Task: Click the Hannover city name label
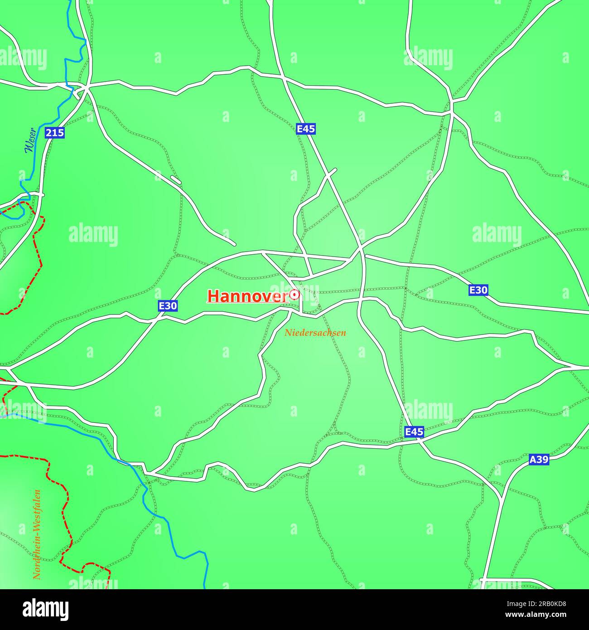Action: pyautogui.click(x=248, y=296)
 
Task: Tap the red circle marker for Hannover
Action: pyautogui.click(x=295, y=295)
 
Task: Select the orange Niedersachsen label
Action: pyautogui.click(x=315, y=333)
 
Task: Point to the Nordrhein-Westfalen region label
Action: pyautogui.click(x=37, y=534)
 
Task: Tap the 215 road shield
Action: pyautogui.click(x=55, y=133)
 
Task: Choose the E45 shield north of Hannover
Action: pyautogui.click(x=306, y=129)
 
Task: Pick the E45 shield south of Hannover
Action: pyautogui.click(x=414, y=431)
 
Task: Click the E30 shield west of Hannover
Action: pyautogui.click(x=168, y=306)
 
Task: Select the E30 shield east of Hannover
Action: pyautogui.click(x=478, y=290)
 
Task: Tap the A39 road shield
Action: pyautogui.click(x=539, y=460)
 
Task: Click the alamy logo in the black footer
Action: pyautogui.click(x=46, y=610)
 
